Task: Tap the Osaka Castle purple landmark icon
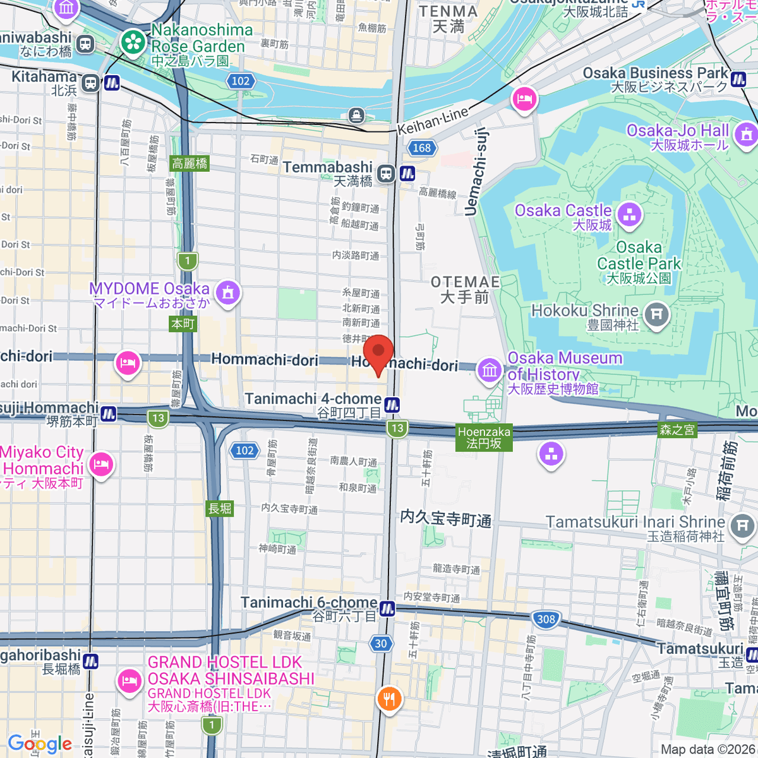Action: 629,215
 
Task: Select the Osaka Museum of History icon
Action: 490,370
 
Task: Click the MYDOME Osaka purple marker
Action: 228,292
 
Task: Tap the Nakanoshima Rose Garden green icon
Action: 133,42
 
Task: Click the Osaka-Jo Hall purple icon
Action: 747,134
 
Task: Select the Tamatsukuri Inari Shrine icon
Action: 742,526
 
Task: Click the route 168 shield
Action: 421,148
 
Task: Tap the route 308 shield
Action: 546,619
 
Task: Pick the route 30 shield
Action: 380,644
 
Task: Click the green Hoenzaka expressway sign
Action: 484,438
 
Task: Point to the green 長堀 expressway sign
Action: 220,508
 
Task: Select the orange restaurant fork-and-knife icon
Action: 389,699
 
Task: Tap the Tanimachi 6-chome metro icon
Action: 387,609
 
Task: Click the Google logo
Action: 39,743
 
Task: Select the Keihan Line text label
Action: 433,121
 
